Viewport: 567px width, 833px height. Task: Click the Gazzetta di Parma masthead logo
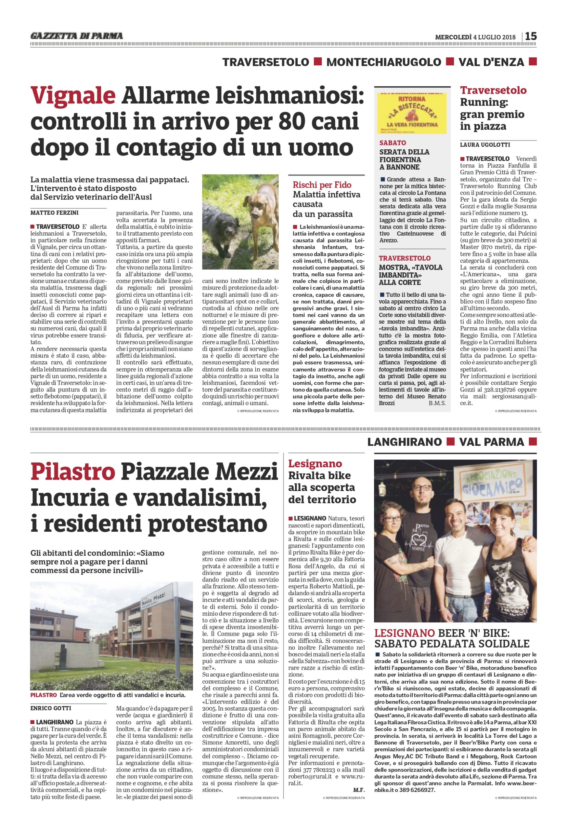click(77, 36)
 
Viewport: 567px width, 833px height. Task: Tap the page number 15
click(531, 36)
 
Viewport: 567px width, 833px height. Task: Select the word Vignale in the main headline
click(73, 96)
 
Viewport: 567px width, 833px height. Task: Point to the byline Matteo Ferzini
click(54, 212)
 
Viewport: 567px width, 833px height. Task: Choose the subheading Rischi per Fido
click(322, 185)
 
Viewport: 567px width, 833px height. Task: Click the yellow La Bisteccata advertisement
click(412, 113)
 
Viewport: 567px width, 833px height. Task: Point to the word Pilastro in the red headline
click(73, 472)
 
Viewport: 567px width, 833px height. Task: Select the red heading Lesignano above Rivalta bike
click(315, 463)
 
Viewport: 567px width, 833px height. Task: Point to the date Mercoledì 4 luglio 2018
click(475, 36)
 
